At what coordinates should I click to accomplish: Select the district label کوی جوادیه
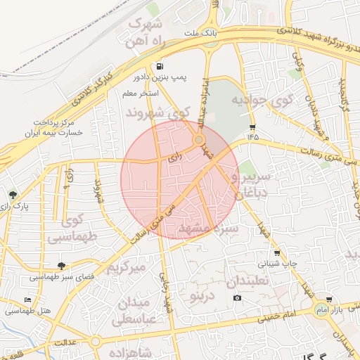pyautogui.click(x=261, y=101)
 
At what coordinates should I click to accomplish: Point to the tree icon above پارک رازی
pyautogui.click(x=13, y=194)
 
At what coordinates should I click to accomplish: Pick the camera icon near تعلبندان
pyautogui.click(x=238, y=298)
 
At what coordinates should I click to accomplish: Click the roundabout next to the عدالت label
pyautogui.click(x=95, y=342)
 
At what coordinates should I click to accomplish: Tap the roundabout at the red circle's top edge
pyautogui.click(x=200, y=139)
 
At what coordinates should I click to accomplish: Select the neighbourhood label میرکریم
pyautogui.click(x=125, y=267)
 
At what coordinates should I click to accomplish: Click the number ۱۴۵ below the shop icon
pyautogui.click(x=252, y=136)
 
